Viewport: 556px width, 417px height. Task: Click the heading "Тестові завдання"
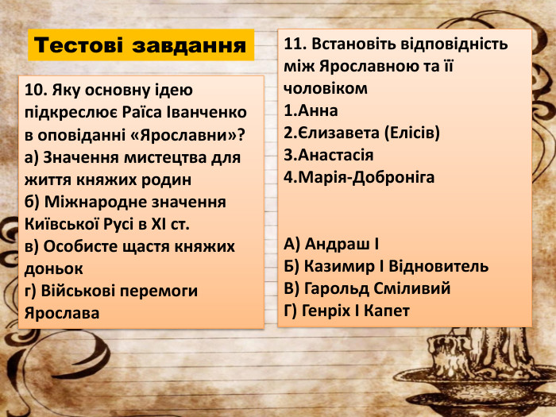(141, 45)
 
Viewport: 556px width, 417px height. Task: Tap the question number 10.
(35, 91)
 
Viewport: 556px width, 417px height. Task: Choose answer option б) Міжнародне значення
(125, 202)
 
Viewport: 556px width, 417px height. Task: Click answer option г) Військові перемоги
(111, 291)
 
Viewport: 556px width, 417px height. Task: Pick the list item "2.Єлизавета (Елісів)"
(361, 132)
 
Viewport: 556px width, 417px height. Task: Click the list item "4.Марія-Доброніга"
(358, 176)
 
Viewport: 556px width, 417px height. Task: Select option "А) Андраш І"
(331, 243)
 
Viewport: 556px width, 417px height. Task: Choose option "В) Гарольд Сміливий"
(367, 288)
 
